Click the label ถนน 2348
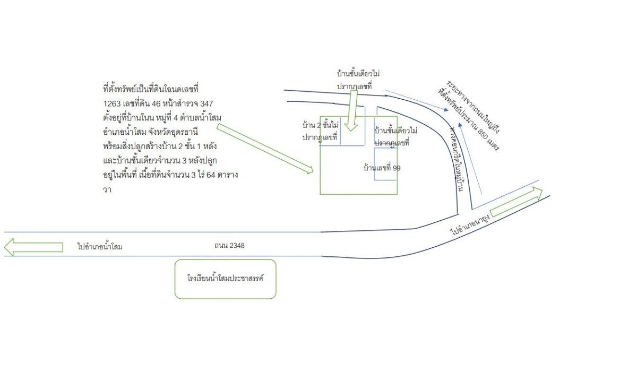(229, 246)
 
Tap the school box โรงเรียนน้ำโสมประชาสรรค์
(225, 279)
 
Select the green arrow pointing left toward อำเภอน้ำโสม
(33, 247)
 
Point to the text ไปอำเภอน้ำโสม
(100, 247)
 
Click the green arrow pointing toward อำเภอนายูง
(517, 202)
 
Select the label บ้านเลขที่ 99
(382, 168)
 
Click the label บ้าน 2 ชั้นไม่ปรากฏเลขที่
(320, 131)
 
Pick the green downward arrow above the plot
(352, 109)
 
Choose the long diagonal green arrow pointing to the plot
(266, 148)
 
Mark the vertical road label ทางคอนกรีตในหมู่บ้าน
(456, 159)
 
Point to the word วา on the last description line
(108, 189)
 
